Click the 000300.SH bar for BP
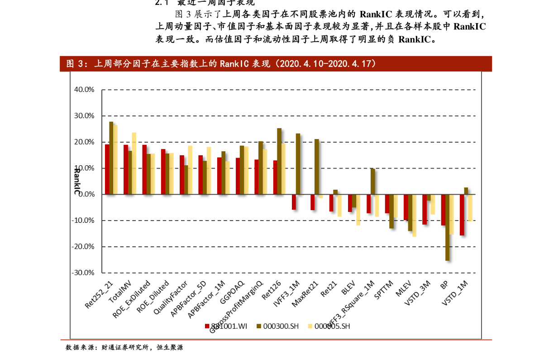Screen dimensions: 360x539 pyautogui.click(x=447, y=227)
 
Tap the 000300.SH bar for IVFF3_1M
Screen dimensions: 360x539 pyautogui.click(x=298, y=164)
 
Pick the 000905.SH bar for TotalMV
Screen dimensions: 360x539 pyautogui.click(x=134, y=163)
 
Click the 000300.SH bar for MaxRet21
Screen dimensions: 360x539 pyautogui.click(x=316, y=167)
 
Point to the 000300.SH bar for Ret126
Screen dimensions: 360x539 pyautogui.click(x=279, y=161)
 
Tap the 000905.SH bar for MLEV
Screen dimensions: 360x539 pyautogui.click(x=414, y=216)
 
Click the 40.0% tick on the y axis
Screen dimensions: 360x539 pyautogui.click(x=84, y=90)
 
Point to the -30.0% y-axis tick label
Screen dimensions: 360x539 pyautogui.click(x=83, y=273)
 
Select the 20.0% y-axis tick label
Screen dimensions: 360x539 pyautogui.click(x=84, y=142)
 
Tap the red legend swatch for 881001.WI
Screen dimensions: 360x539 pyautogui.click(x=207, y=326)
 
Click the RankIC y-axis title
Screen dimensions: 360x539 pyautogui.click(x=77, y=180)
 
